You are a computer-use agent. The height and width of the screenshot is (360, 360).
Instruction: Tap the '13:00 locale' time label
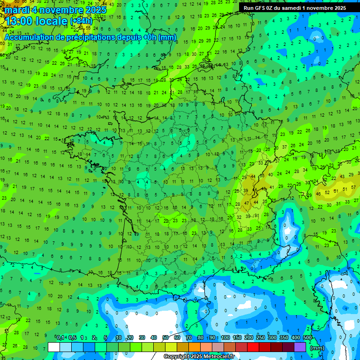point(36,21)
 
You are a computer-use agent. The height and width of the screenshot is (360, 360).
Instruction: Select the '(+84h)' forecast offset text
point(82,21)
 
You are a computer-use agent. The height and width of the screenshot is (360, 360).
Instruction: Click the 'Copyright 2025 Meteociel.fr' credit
point(198,356)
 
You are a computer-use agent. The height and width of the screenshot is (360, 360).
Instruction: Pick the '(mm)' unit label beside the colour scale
point(317,348)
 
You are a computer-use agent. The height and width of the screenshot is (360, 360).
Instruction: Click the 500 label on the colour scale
point(307,337)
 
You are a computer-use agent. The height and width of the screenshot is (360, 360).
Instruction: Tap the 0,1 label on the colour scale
point(60,337)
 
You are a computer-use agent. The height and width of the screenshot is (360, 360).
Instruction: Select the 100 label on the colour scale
point(225,337)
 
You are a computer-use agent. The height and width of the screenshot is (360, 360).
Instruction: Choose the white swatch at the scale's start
point(54,347)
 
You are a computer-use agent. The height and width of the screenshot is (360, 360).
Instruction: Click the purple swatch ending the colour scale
point(300,347)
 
